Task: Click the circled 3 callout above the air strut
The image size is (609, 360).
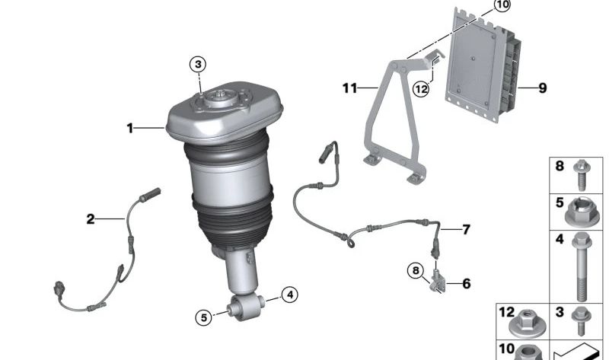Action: (198, 65)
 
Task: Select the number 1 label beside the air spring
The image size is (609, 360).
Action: (130, 129)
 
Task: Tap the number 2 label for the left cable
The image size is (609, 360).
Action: (91, 220)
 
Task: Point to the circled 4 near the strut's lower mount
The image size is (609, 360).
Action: (289, 295)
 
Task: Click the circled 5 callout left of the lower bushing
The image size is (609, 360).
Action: (203, 318)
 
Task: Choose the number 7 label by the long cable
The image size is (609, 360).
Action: (467, 229)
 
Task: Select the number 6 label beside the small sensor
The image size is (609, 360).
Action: (466, 284)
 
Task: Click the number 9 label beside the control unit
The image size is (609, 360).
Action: (542, 88)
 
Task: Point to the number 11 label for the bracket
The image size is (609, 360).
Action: (349, 88)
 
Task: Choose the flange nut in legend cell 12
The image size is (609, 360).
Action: (528, 320)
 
